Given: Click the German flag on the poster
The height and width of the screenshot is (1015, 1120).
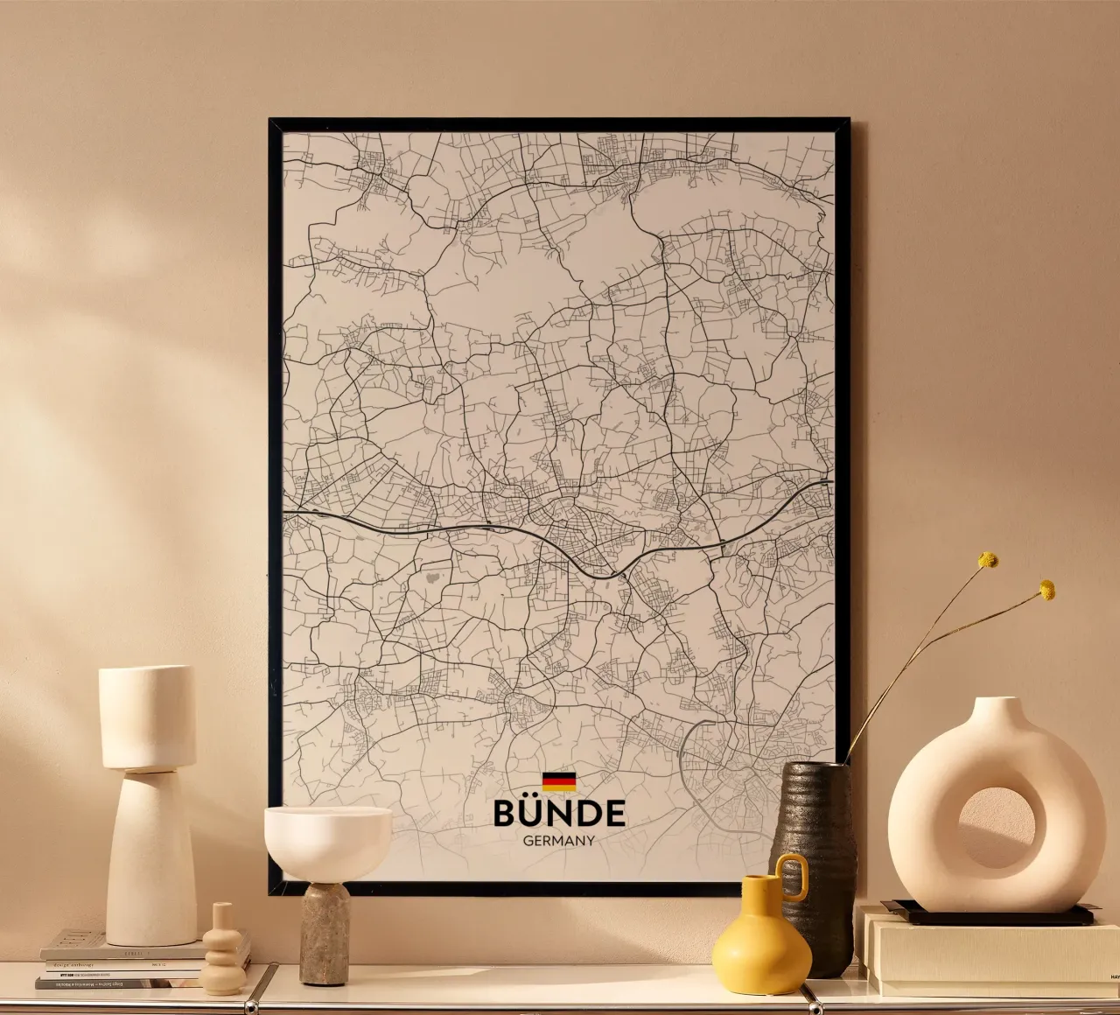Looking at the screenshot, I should pyautogui.click(x=559, y=781).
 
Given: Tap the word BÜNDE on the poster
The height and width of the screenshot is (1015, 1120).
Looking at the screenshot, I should pyautogui.click(x=559, y=813).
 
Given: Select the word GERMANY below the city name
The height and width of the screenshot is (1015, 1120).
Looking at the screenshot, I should pyautogui.click(x=559, y=841).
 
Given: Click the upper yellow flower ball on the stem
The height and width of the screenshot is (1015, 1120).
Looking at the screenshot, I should pyautogui.click(x=988, y=559).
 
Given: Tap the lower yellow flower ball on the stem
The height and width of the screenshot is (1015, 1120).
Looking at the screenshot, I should pyautogui.click(x=1046, y=590).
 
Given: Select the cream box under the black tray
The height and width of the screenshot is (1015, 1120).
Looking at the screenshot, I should pyautogui.click(x=989, y=954).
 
